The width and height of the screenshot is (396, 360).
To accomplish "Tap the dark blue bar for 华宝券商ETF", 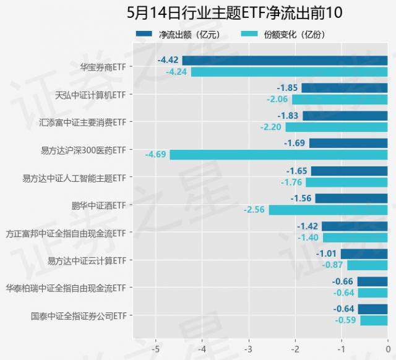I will tap(285, 61).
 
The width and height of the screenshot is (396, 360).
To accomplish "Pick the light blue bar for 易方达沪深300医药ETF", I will tap(278, 155).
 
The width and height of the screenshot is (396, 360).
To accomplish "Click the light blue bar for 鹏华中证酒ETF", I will tap(328, 210).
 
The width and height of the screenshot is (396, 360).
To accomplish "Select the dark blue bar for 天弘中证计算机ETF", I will tap(344, 88).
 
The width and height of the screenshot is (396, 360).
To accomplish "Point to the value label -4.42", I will tap(168, 60).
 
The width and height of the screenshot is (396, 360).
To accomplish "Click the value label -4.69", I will tap(156, 155).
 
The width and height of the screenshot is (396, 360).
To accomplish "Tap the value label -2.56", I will tap(255, 210).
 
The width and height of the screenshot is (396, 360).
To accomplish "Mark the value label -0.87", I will tap(333, 265).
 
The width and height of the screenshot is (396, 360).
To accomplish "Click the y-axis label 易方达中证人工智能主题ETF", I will tap(74, 178).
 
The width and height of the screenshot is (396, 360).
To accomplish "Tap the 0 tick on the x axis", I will tap(387, 348).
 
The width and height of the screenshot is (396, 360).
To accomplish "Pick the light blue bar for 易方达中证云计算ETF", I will tap(367, 265).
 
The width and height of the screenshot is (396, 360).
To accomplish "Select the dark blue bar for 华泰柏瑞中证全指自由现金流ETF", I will tap(372, 281).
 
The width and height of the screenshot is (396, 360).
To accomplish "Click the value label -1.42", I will tap(308, 226).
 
